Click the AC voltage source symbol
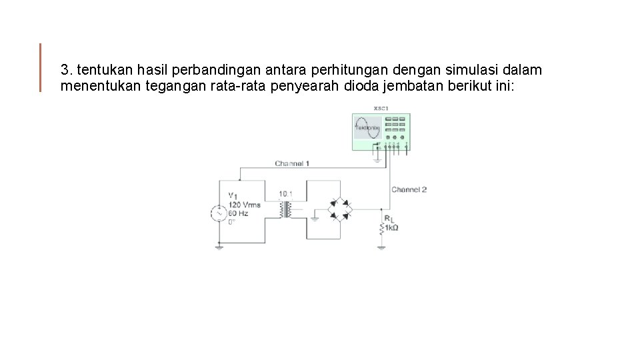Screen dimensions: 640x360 218,213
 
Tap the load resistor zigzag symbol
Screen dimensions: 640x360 381,228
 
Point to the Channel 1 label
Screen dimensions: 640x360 292,163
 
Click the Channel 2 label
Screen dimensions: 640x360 409,189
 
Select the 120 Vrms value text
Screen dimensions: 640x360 245,205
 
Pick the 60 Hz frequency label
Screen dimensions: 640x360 239,213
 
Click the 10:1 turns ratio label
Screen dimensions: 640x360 286,194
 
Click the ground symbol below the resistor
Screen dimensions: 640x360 381,247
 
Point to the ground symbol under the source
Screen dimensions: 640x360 219,247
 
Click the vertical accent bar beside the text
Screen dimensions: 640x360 41,67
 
